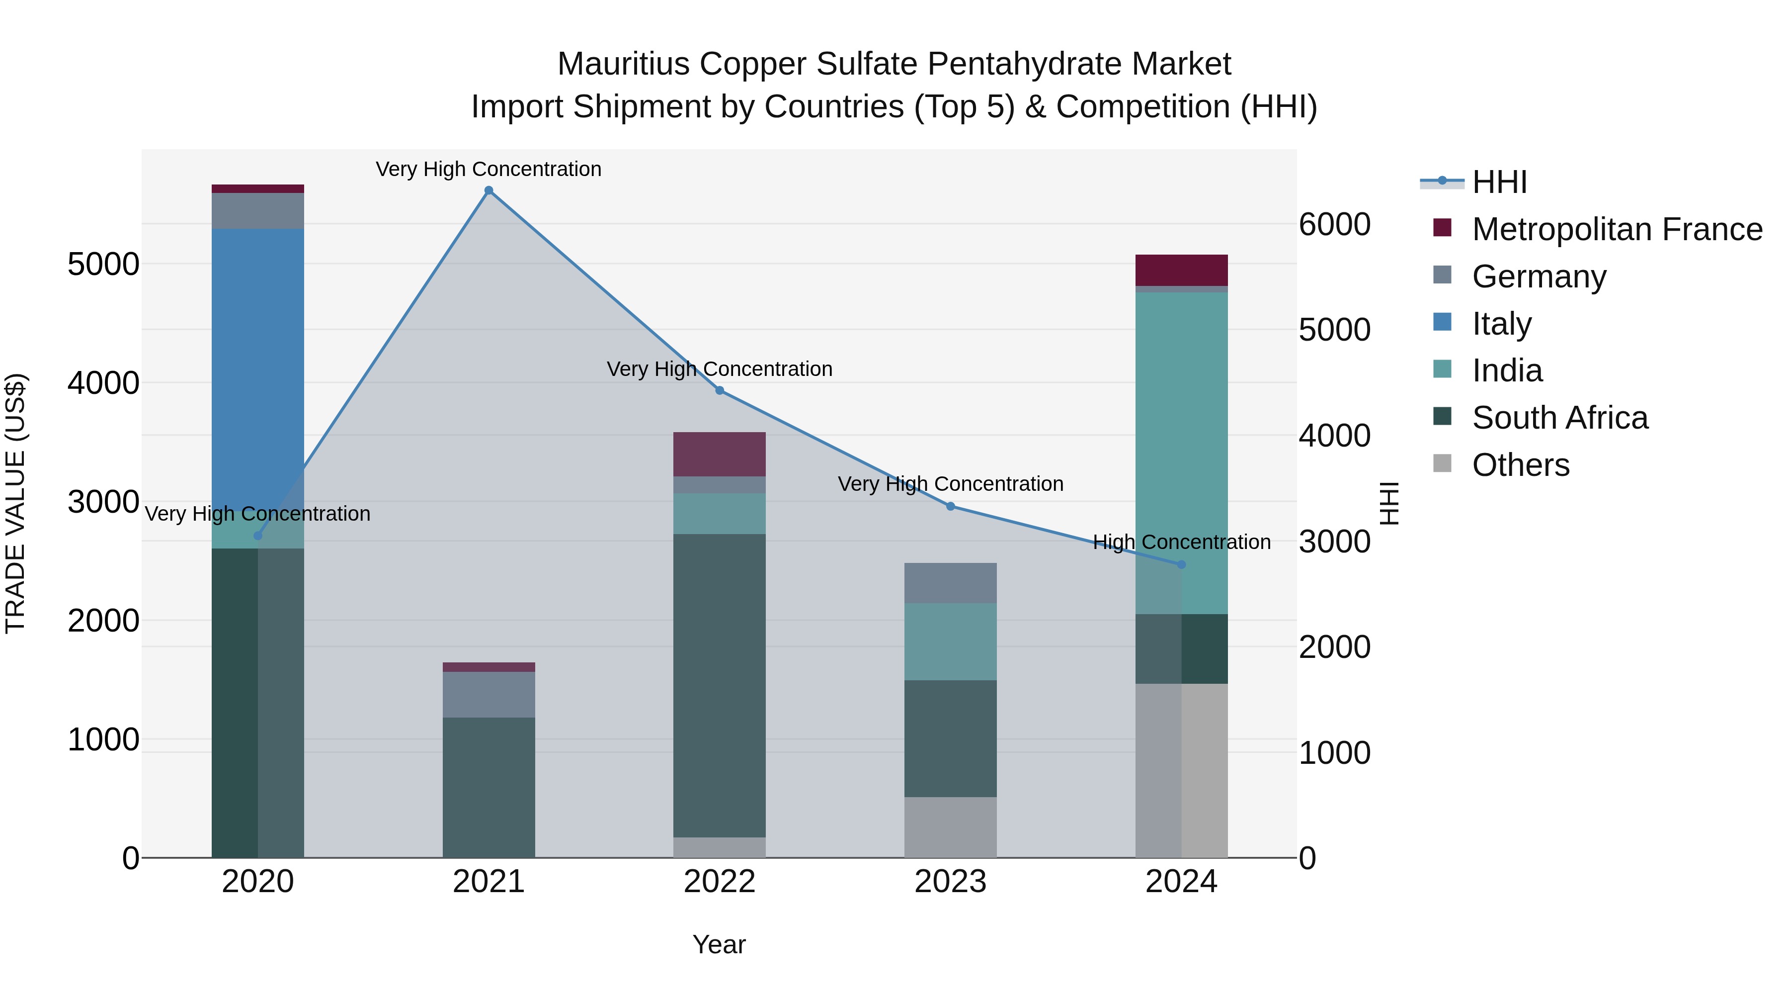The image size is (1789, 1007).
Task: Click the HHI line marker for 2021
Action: (489, 190)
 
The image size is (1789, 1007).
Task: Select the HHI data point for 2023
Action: (951, 506)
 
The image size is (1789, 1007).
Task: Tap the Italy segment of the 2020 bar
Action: (257, 368)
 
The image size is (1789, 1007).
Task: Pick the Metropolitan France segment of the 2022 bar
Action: (720, 454)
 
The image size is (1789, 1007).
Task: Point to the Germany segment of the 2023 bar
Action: (950, 583)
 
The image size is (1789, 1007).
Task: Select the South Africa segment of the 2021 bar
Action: (489, 787)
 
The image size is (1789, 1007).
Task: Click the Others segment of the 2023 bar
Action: (950, 827)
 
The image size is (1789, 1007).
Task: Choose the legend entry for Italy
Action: (1501, 324)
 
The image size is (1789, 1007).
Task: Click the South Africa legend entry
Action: (1559, 418)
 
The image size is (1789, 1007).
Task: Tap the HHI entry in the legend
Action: (1499, 182)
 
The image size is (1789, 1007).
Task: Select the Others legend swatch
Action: (1443, 463)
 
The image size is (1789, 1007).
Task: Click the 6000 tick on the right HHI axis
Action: (1334, 224)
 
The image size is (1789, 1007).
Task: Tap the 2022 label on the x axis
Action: (720, 882)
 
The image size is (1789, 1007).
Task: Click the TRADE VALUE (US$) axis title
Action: (15, 503)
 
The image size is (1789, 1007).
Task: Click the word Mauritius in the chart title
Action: (623, 64)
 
